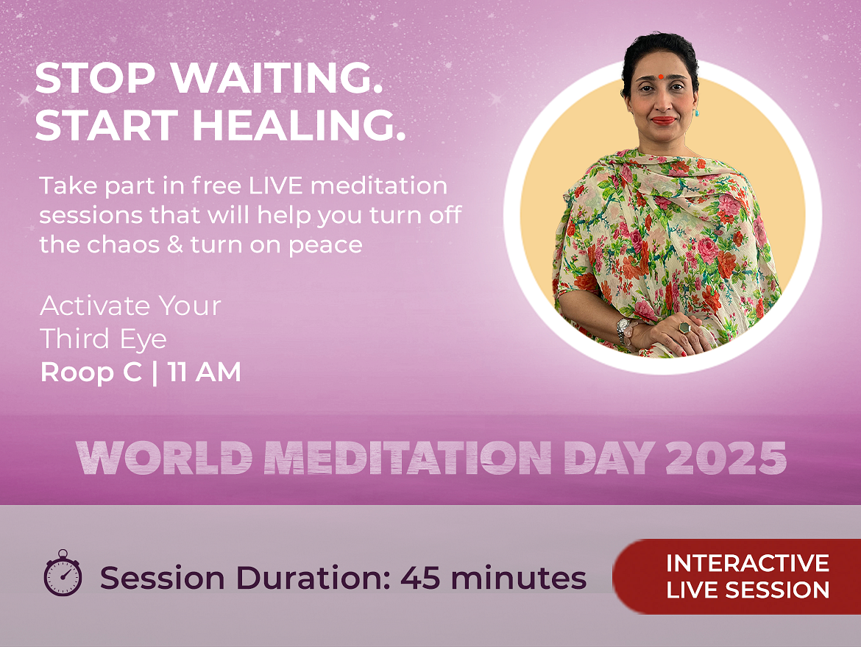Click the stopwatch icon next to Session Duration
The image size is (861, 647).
(x=63, y=573)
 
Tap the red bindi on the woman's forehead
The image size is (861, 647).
(x=661, y=77)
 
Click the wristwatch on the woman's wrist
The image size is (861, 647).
(x=623, y=330)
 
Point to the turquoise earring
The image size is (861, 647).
(x=697, y=113)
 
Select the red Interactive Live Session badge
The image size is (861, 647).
(x=737, y=576)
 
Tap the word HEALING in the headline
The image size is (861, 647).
(x=299, y=125)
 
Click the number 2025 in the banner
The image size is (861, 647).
(x=726, y=458)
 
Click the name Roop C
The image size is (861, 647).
(x=91, y=372)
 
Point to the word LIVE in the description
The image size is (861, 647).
(x=276, y=185)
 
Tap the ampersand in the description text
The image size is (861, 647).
(x=175, y=244)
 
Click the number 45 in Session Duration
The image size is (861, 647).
(x=419, y=578)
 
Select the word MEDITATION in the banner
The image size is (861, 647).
(x=408, y=458)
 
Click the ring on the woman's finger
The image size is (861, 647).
(x=684, y=328)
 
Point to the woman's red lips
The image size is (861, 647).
(x=663, y=120)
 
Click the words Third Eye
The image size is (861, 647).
(x=103, y=339)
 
